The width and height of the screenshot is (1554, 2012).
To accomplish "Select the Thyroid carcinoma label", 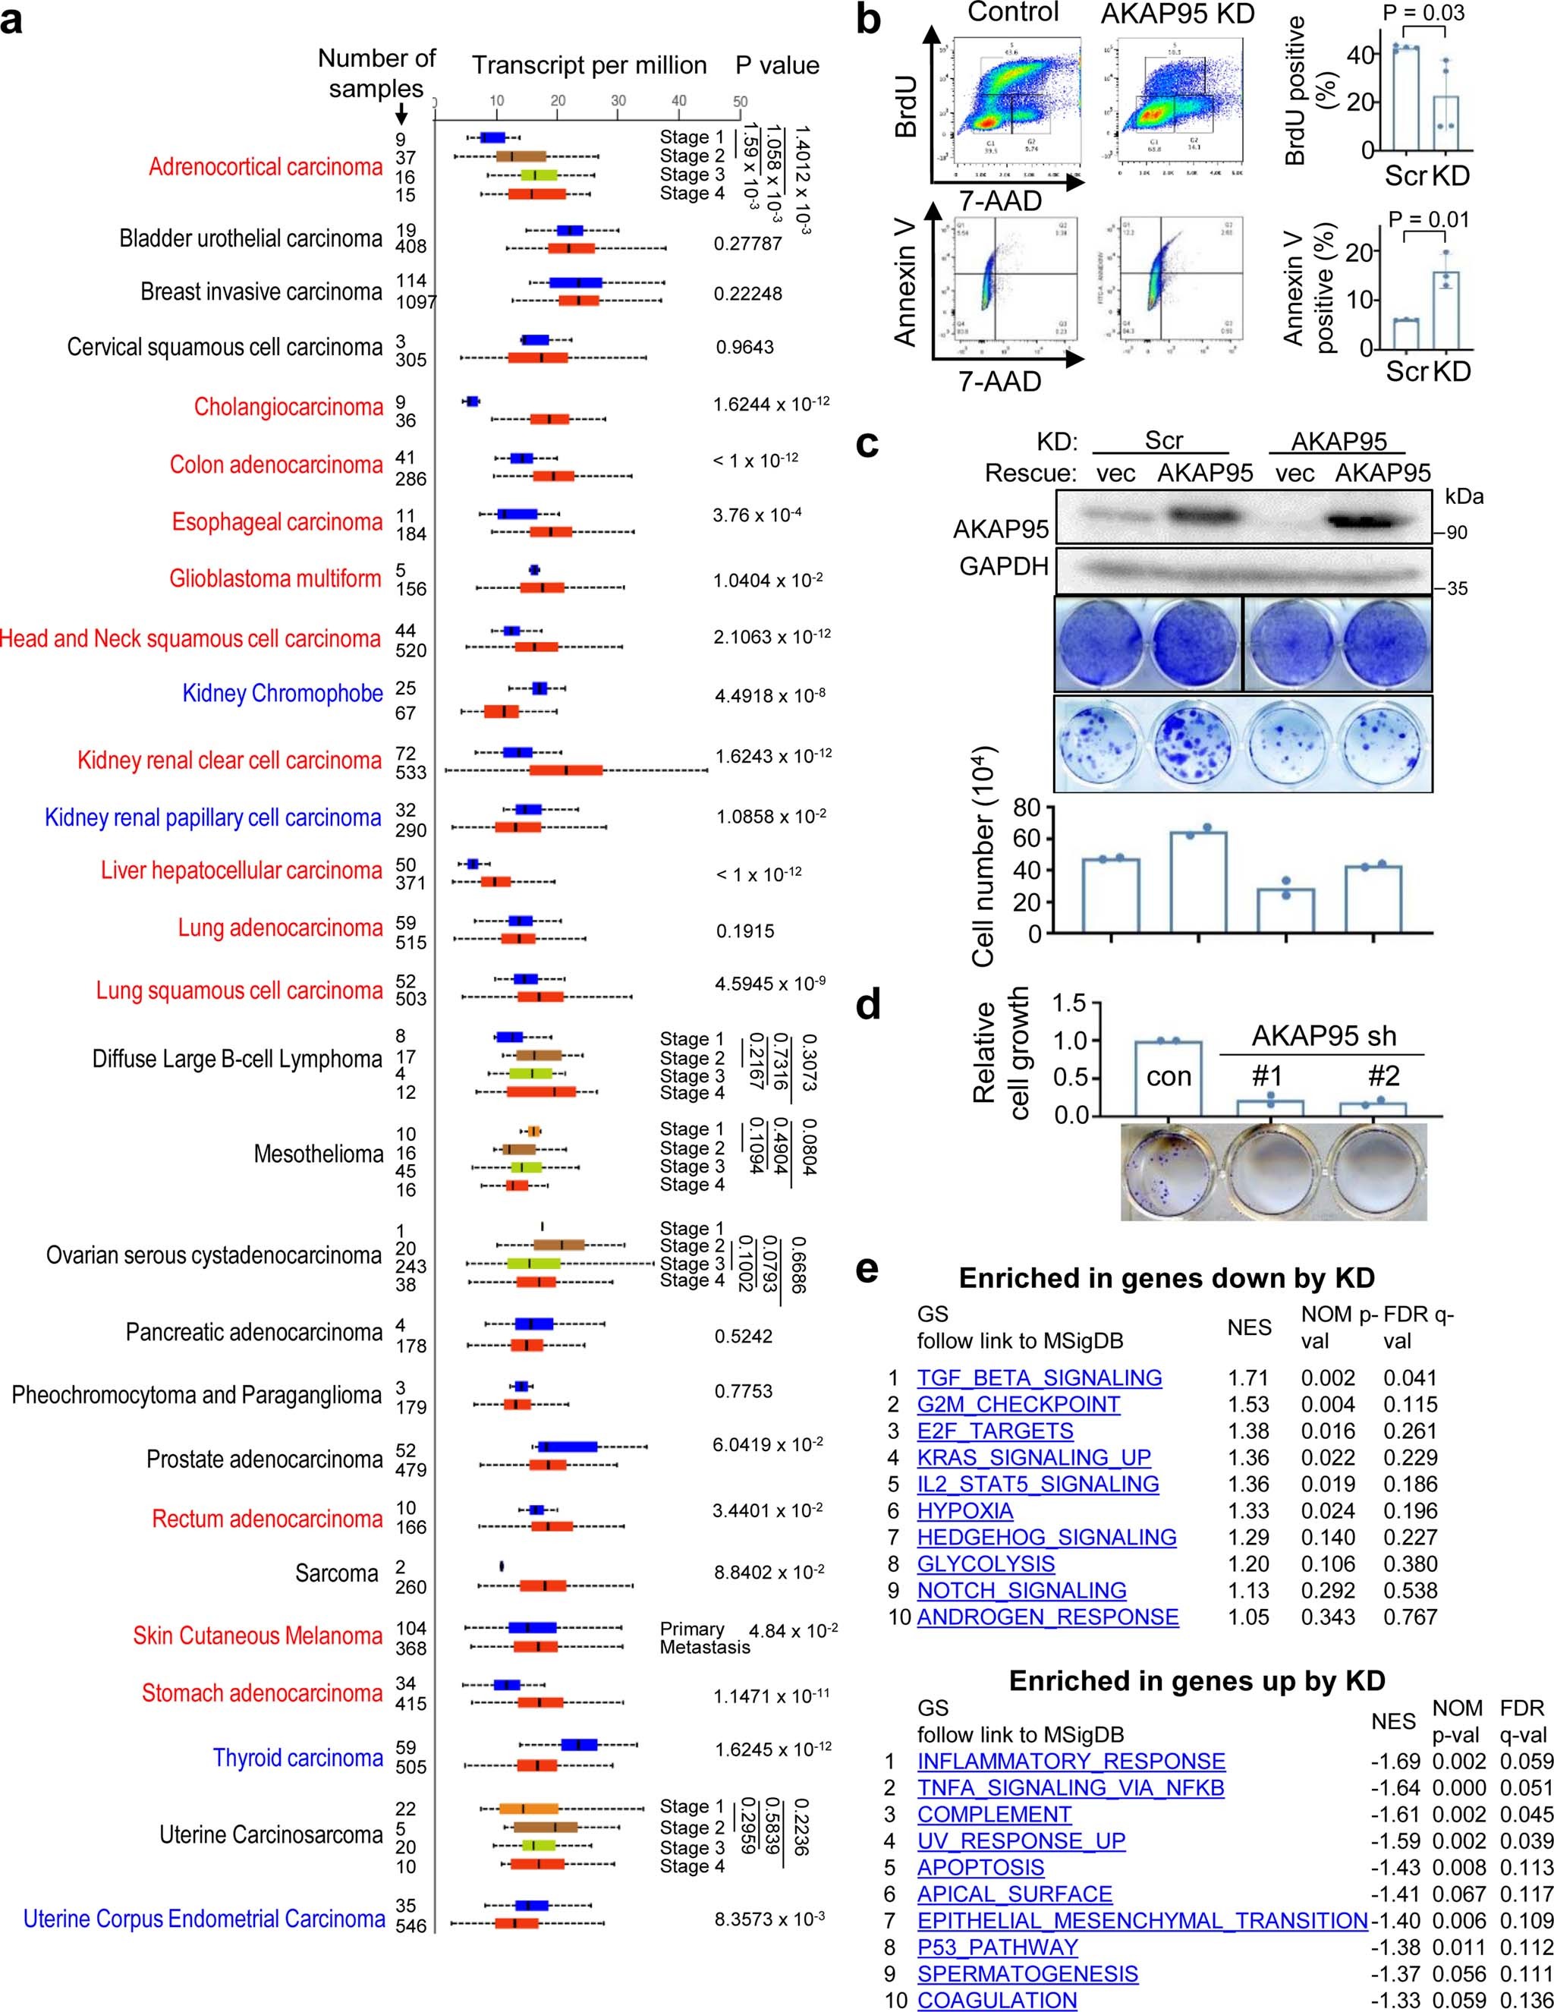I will pyautogui.click(x=297, y=1758).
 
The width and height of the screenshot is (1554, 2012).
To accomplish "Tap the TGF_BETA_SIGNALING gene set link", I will pyautogui.click(x=1039, y=1378).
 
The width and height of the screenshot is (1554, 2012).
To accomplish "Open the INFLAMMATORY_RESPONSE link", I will pyautogui.click(x=1071, y=1762).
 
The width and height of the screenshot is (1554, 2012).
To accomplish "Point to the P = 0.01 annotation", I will pyautogui.click(x=1429, y=219).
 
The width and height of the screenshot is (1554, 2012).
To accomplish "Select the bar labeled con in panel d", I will pyautogui.click(x=1168, y=1078).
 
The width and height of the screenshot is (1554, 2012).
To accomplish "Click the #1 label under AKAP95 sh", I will pyautogui.click(x=1269, y=1076).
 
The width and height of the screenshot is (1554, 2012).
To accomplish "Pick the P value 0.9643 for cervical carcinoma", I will pyautogui.click(x=744, y=348).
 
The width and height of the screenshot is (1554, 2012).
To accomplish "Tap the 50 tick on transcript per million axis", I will pyautogui.click(x=740, y=102).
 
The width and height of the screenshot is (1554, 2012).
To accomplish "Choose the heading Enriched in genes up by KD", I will pyautogui.click(x=1197, y=1681).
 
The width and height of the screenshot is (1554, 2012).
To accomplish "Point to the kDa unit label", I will pyautogui.click(x=1464, y=496).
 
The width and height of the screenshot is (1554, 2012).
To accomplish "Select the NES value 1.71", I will pyautogui.click(x=1248, y=1378).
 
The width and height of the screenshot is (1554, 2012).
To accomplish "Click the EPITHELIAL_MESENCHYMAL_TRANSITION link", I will pyautogui.click(x=1141, y=1921).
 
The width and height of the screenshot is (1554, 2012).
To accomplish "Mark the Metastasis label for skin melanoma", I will pyautogui.click(x=705, y=1647).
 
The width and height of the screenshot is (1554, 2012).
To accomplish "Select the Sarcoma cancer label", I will pyautogui.click(x=336, y=1573).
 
